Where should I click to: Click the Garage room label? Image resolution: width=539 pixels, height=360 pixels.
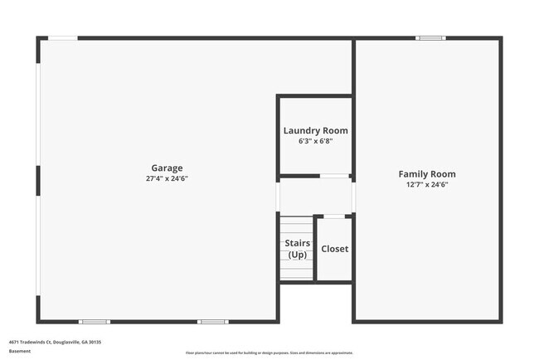[167, 168]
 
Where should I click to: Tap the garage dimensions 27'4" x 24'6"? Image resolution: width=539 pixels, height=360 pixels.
[167, 178]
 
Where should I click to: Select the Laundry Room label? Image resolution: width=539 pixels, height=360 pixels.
[315, 130]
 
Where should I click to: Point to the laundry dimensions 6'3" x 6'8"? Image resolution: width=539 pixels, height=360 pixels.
[315, 141]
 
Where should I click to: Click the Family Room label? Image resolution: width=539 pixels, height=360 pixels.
[427, 174]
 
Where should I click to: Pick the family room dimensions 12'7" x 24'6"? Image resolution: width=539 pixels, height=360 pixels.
[427, 185]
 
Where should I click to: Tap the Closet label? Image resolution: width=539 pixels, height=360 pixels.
[335, 249]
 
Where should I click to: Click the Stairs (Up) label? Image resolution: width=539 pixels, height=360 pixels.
[297, 248]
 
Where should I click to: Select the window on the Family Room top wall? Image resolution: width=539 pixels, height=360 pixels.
[430, 38]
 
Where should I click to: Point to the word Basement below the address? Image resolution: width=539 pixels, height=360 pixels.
[20, 351]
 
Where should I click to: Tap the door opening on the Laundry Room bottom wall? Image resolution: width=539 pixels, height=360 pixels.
[335, 176]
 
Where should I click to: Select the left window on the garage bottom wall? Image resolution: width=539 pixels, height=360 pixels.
[94, 321]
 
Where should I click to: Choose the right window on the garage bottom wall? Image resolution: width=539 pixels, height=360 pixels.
[212, 321]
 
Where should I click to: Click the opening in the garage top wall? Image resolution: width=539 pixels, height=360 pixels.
[63, 38]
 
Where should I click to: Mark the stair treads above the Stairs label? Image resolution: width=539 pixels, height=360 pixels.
[296, 226]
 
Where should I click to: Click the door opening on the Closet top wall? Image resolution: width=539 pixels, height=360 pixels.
[334, 216]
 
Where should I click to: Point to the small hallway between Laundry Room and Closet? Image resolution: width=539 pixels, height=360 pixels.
[315, 196]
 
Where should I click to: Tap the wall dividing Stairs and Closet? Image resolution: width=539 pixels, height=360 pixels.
[316, 249]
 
